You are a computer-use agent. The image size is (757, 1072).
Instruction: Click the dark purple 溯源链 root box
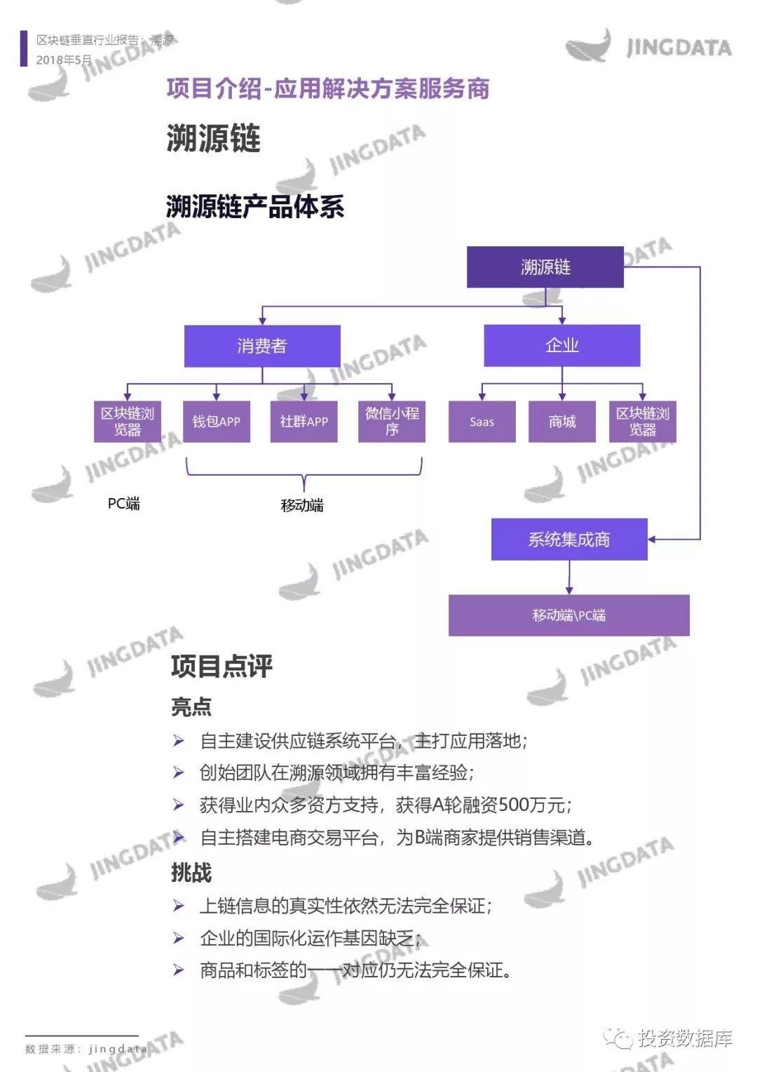[x=545, y=267]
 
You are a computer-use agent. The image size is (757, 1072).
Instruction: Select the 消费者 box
[x=262, y=346]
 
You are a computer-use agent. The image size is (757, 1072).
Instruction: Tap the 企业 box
[x=562, y=346]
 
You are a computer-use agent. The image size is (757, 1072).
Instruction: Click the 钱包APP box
[x=216, y=422]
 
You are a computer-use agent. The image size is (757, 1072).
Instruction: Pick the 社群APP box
[x=304, y=422]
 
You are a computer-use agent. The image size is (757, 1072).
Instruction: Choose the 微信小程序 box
[x=392, y=422]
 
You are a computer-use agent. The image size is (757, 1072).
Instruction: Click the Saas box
[x=482, y=422]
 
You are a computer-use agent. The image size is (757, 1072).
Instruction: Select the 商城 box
[x=562, y=422]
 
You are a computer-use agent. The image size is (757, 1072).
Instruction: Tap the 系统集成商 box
[x=569, y=540]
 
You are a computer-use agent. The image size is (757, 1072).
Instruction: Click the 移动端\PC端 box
[x=569, y=615]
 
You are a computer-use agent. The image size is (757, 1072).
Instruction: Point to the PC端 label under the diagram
[x=123, y=504]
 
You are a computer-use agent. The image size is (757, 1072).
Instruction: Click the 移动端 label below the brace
[x=302, y=505]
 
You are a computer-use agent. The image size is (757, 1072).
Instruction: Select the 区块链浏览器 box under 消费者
[x=127, y=422]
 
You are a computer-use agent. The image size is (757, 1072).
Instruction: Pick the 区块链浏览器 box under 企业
[x=643, y=422]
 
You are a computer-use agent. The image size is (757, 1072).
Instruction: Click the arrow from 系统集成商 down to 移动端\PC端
[x=569, y=577]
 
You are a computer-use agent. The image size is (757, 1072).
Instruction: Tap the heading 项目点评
[x=221, y=666]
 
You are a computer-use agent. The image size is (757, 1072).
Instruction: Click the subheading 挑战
[x=191, y=872]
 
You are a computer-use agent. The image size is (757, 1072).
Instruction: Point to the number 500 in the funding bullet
[x=514, y=805]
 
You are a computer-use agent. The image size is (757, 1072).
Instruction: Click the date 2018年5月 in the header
[x=64, y=60]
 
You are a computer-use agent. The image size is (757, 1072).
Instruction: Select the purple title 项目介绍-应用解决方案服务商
[x=328, y=88]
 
